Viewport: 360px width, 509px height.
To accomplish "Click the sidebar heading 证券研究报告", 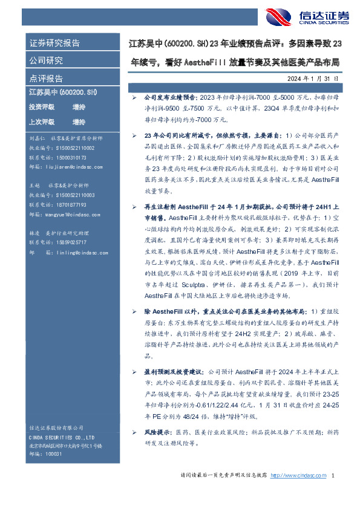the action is click(54, 44).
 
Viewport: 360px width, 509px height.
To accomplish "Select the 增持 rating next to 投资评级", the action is click(79, 106).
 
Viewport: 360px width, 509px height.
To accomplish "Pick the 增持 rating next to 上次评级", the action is click(79, 122).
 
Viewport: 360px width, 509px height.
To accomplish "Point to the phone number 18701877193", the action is click(66, 205).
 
